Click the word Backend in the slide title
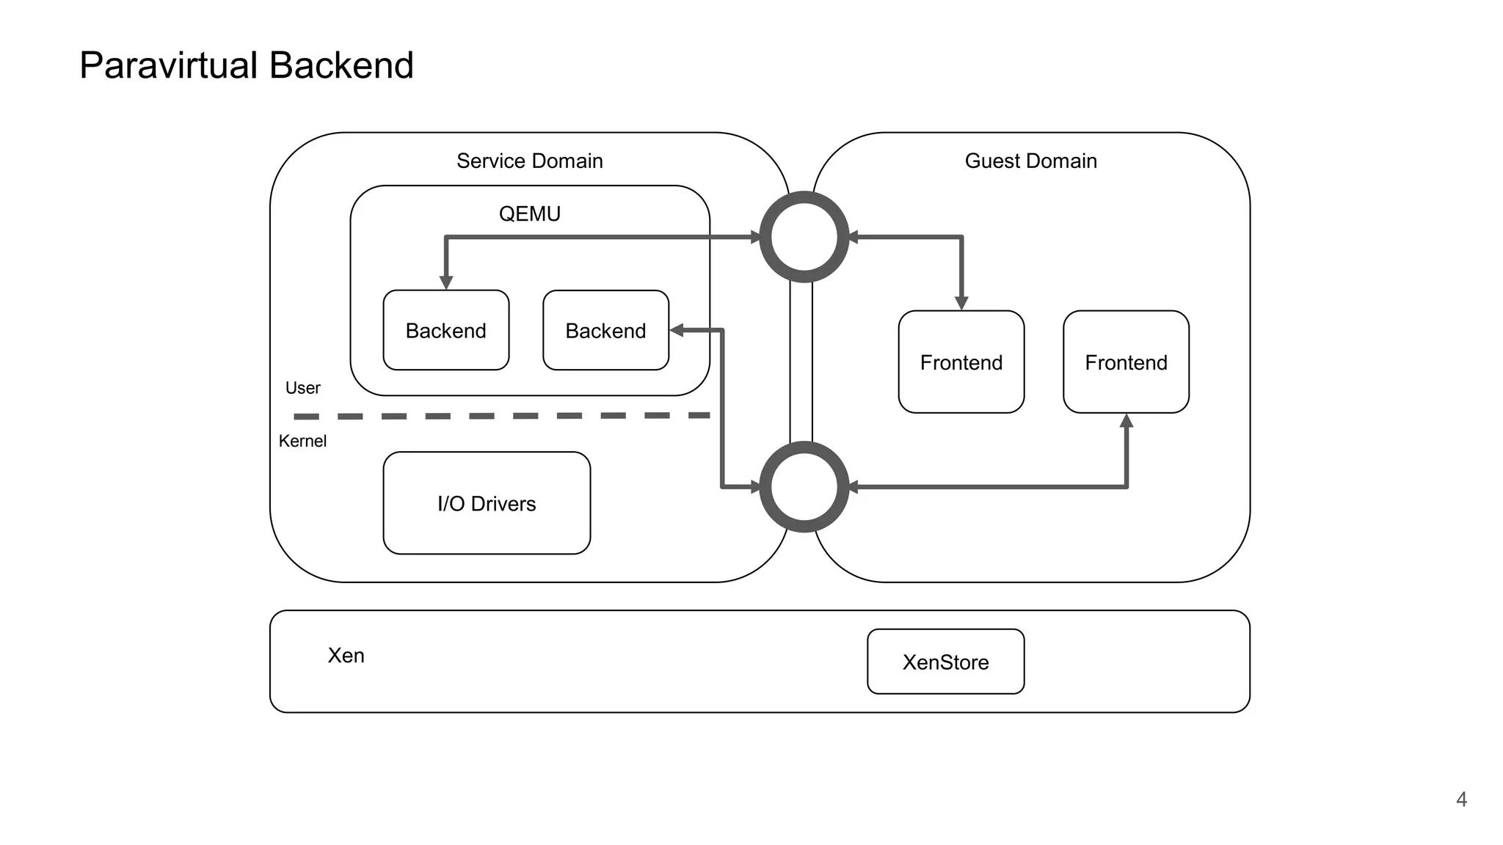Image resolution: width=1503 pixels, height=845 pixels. click(341, 66)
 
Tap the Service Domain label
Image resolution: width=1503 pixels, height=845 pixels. click(529, 161)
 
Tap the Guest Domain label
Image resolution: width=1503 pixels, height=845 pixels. click(1030, 161)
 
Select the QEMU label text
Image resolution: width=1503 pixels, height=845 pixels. click(529, 213)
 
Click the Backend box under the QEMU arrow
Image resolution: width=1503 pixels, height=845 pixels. click(445, 330)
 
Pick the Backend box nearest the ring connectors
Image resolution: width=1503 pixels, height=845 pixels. click(605, 330)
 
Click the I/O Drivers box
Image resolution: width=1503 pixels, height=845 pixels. click(487, 503)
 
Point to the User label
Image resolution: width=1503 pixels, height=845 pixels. click(302, 388)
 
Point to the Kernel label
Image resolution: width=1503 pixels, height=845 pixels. click(302, 441)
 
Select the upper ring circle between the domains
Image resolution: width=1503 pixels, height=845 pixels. click(804, 237)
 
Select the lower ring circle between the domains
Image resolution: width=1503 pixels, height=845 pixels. click(804, 486)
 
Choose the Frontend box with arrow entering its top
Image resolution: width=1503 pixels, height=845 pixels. click(961, 362)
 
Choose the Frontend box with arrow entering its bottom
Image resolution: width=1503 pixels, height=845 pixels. click(1126, 362)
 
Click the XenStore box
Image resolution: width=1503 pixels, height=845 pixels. click(945, 662)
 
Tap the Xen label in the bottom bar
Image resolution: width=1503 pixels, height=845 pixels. click(346, 655)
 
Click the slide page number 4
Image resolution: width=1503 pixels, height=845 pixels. click(1461, 799)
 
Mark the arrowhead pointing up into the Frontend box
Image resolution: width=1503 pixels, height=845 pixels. click(1127, 421)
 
